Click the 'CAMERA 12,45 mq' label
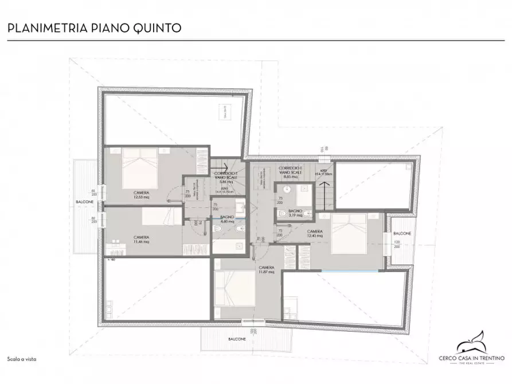[x=314, y=233]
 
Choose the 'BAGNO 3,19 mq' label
[x=295, y=214]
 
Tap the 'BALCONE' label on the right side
[x=401, y=234]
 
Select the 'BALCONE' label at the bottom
[x=237, y=339]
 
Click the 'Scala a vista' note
[x=21, y=358]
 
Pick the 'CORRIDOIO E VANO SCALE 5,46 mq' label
[x=225, y=177]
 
